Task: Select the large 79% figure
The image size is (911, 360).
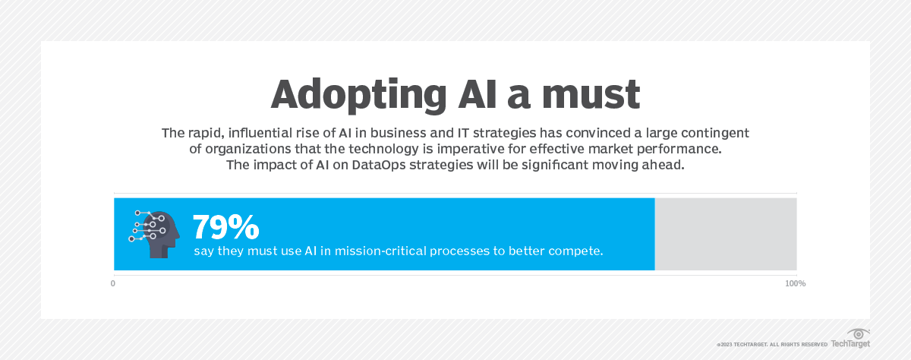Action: (225, 227)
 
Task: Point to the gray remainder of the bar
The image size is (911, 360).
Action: (725, 234)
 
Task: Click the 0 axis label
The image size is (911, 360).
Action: (113, 283)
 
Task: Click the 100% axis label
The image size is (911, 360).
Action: (795, 283)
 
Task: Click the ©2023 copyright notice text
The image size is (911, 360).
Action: (771, 344)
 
